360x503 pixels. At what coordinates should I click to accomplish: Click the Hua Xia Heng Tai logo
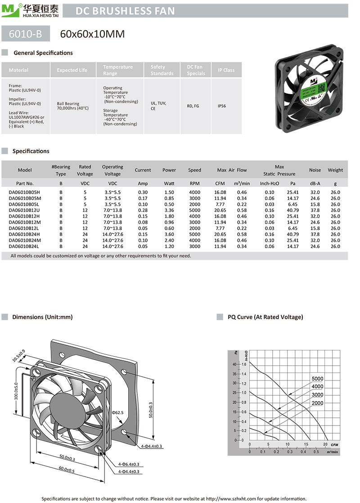click(x=29, y=10)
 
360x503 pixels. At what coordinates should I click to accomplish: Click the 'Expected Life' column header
click(x=72, y=70)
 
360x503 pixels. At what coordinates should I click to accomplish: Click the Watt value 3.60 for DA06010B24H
click(x=169, y=234)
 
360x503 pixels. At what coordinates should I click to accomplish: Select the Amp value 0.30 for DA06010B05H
click(x=143, y=192)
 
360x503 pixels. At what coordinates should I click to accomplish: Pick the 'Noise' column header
click(x=315, y=170)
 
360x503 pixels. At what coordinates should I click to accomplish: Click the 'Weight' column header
click(x=335, y=170)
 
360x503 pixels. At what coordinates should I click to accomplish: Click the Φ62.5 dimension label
click(x=117, y=412)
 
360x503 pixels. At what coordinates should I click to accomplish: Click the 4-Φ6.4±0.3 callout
click(x=129, y=464)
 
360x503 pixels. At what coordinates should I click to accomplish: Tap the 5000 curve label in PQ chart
click(x=317, y=379)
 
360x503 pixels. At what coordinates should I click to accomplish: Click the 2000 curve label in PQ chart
click(x=317, y=403)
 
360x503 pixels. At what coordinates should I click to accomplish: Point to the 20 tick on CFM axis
click(x=325, y=444)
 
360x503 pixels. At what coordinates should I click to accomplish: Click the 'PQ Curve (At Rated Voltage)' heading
click(x=265, y=317)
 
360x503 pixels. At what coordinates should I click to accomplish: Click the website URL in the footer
click(x=231, y=498)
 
